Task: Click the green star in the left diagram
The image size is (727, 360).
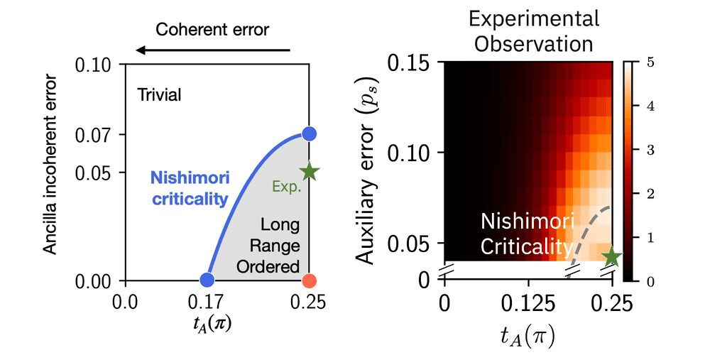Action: point(310,171)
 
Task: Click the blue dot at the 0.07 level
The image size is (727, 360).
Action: point(309,133)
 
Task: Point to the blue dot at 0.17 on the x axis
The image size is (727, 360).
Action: point(207,280)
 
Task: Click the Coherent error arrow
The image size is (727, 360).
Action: point(213,50)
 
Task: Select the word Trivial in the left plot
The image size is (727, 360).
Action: point(160,95)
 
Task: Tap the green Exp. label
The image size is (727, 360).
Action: point(286,187)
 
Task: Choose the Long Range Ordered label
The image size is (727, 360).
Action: point(279,246)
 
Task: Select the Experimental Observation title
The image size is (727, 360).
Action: point(533,31)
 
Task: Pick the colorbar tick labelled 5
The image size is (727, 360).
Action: point(651,62)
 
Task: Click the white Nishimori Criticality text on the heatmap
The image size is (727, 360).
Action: point(525,234)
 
